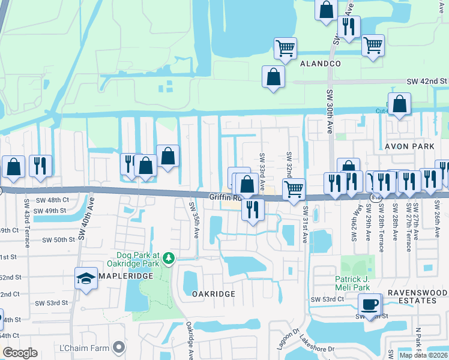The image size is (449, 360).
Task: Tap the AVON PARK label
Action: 405,146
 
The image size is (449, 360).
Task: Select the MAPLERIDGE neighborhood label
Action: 124,275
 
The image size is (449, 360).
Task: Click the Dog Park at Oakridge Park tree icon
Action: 169,258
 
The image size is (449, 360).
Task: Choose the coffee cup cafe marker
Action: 370,304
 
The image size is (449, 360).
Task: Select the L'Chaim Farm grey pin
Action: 119,346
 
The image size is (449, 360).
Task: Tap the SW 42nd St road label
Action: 427,81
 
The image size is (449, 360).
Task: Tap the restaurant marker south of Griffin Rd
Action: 253,209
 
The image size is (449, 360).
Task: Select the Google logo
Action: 20,353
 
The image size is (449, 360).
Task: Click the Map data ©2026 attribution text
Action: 423,355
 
